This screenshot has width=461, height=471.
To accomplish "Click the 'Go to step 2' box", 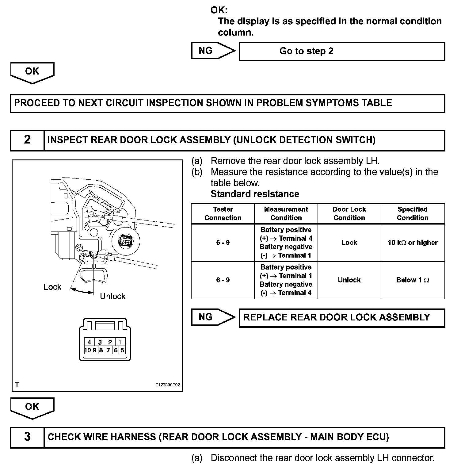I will (x=342, y=52).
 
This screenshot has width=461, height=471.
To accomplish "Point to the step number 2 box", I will (x=27, y=140).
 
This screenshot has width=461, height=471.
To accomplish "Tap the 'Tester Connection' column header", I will (x=223, y=213).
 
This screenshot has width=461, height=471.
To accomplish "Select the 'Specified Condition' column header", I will (x=412, y=213).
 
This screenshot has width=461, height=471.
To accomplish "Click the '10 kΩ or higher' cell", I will (x=412, y=243).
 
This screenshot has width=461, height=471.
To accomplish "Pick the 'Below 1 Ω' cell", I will (x=412, y=280).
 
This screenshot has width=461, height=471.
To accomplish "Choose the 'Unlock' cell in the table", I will (x=349, y=280).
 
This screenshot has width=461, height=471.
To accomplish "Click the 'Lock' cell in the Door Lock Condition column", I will (x=349, y=243).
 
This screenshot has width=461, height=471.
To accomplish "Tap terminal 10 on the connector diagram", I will (x=87, y=350).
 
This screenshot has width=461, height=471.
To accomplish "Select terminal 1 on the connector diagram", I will (x=120, y=342).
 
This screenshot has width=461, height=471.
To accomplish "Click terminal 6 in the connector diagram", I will (x=116, y=350).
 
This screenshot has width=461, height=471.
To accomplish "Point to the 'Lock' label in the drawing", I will (x=52, y=287).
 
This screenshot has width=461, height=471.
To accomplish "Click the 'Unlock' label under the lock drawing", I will (x=112, y=296).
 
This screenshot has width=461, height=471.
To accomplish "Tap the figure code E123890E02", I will (x=167, y=385).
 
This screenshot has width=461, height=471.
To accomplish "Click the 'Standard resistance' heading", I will (x=255, y=194).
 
